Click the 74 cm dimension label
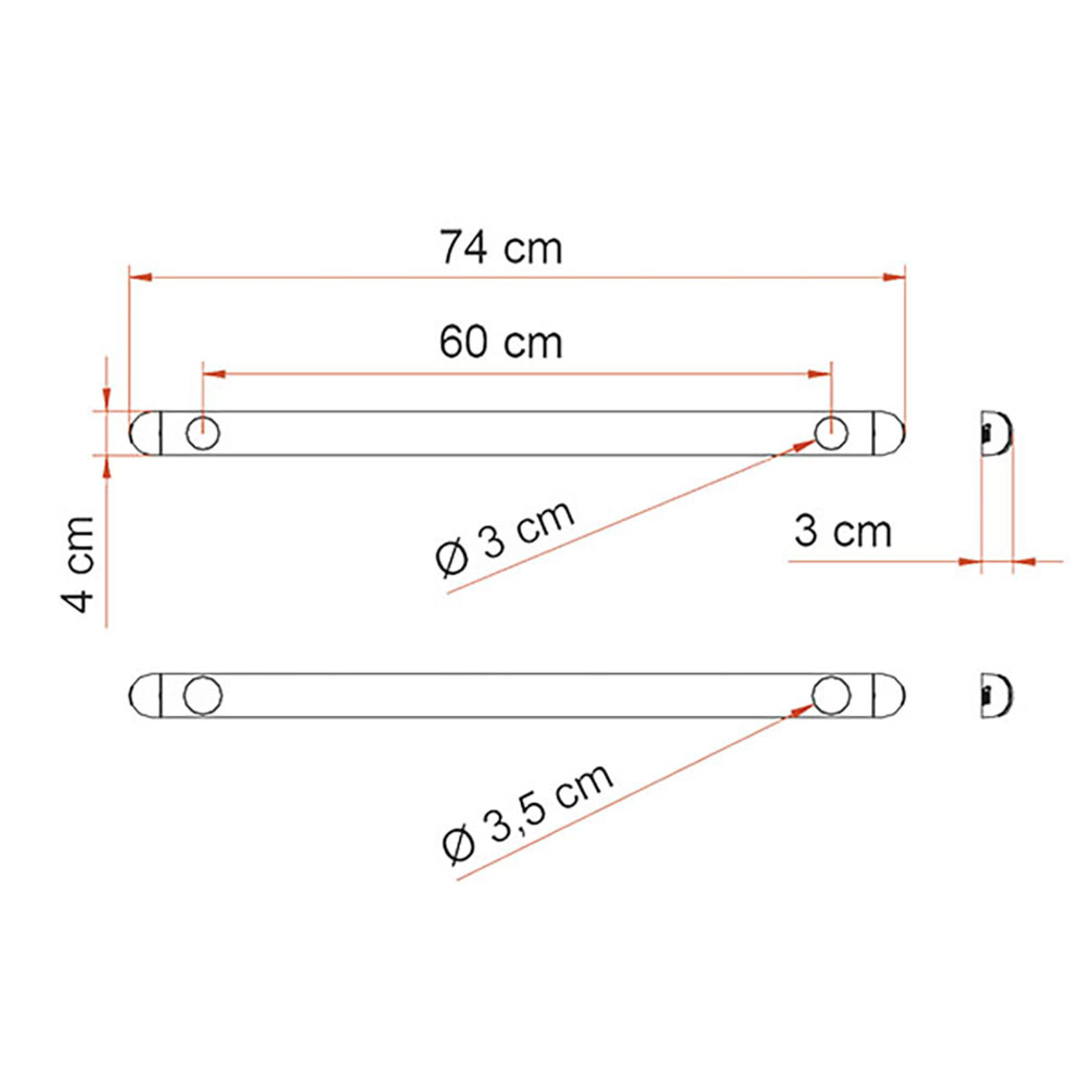(x=500, y=247)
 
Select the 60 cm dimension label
(x=500, y=342)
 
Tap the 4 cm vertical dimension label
(x=78, y=564)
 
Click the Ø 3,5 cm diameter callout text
(x=527, y=813)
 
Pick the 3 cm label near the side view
(x=843, y=531)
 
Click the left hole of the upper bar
(x=203, y=433)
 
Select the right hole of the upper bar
(x=831, y=433)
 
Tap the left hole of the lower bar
(x=203, y=695)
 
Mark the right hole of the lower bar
(x=831, y=695)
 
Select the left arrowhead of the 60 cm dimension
(x=214, y=374)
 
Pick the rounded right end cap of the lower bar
(x=889, y=695)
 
